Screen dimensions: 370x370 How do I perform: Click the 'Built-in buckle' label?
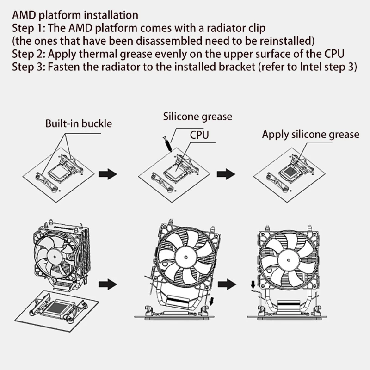[79, 123]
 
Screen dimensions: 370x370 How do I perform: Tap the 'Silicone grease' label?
[197, 117]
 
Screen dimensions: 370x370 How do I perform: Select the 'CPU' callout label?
[199, 135]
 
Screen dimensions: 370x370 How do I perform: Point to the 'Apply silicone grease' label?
[310, 134]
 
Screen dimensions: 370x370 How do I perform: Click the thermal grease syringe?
[167, 144]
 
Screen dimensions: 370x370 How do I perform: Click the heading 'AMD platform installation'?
[75, 15]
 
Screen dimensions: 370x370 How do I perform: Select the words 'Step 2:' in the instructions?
[29, 54]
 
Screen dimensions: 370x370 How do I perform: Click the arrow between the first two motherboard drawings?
[108, 174]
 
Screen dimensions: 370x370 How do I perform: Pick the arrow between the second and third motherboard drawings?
[226, 174]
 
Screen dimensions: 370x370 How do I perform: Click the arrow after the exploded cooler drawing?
[108, 284]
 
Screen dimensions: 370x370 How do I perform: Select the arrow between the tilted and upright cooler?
[227, 284]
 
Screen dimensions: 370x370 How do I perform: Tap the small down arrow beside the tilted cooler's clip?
[211, 302]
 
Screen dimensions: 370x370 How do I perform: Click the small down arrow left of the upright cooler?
[253, 284]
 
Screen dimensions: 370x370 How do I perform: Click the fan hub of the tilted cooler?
[186, 257]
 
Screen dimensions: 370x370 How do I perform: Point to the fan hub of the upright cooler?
[288, 260]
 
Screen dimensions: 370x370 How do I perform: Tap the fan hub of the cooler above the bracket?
[55, 257]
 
